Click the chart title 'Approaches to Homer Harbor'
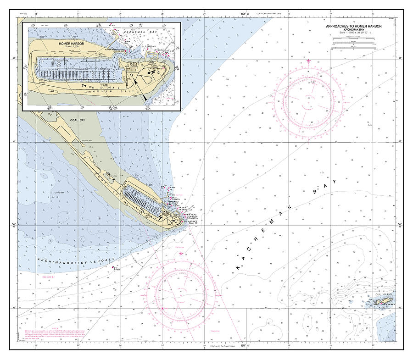[x=353, y=27]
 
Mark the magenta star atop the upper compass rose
[x=308, y=61]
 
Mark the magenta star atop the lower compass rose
[x=181, y=253]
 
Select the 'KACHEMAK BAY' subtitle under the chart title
[x=353, y=30]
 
